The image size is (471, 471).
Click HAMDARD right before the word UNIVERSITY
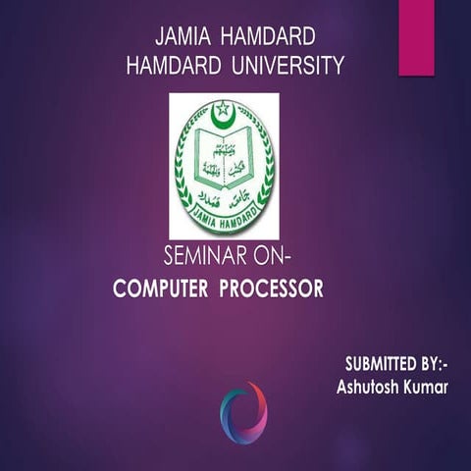(175, 66)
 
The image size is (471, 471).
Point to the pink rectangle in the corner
(416, 36)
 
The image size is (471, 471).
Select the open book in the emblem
(224, 158)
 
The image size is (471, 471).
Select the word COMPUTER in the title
(160, 290)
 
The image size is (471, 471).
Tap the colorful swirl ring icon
(242, 411)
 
